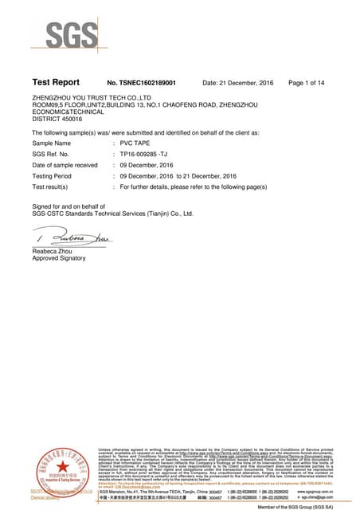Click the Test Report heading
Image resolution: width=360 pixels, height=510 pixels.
pos(56,82)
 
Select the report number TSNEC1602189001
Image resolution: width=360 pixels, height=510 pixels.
pos(141,83)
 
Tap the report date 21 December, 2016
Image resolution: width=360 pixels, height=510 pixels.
pos(238,83)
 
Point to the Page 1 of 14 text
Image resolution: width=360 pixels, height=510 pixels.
pos(307,83)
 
